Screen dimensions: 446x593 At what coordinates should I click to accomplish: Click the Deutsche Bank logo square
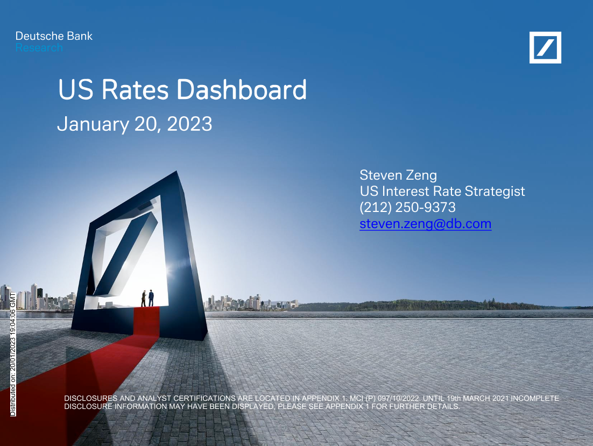pos(545,47)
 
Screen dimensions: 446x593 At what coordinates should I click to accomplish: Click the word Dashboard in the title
pos(242,90)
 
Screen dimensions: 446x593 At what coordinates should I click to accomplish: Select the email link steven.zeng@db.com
pos(425,223)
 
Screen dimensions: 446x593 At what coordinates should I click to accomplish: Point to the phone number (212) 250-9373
pos(407,207)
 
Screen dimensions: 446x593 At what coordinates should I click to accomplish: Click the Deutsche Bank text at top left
pos(54,36)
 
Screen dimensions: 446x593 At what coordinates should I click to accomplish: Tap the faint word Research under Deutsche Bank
pos(39,48)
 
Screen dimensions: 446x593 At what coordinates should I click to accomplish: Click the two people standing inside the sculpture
pos(147,298)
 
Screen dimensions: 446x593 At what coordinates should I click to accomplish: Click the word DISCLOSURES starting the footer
pos(91,398)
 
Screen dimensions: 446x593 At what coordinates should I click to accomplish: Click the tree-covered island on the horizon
pos(430,305)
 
